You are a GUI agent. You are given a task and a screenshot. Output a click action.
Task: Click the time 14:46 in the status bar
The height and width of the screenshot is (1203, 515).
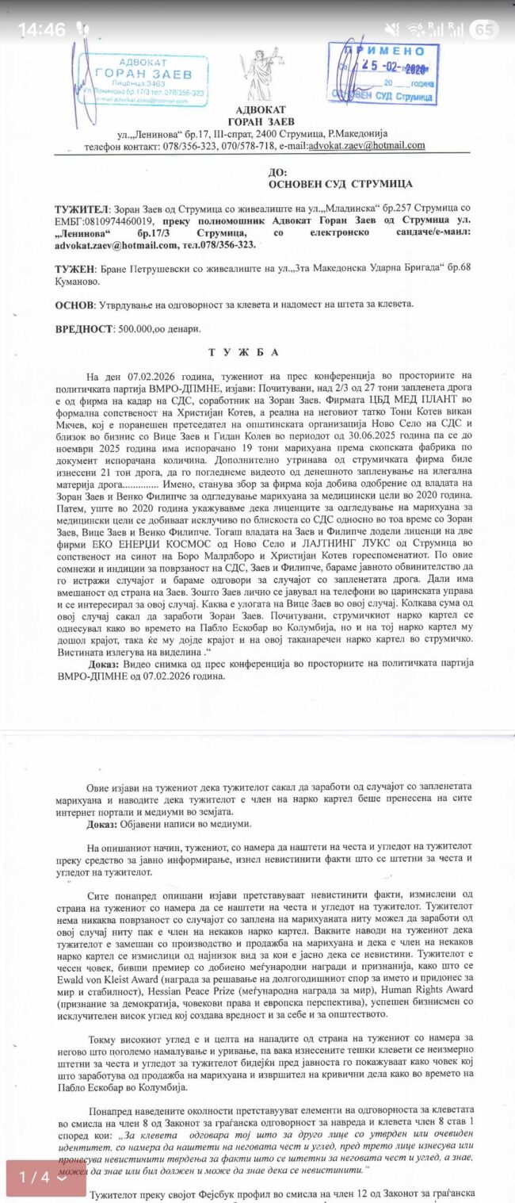(x=41, y=29)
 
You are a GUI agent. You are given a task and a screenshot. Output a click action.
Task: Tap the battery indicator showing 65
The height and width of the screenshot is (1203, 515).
(x=484, y=30)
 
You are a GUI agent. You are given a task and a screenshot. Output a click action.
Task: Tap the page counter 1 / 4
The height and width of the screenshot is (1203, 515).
(x=45, y=1177)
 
